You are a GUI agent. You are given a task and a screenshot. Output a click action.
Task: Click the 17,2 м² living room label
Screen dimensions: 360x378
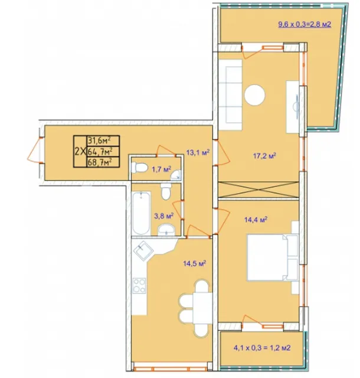tap(264, 155)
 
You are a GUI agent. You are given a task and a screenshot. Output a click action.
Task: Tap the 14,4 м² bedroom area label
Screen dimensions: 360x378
tap(256, 220)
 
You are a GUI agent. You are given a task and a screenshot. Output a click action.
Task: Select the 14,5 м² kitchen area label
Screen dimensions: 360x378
tap(194, 263)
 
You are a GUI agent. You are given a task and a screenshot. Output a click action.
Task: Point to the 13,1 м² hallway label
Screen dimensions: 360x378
tap(198, 152)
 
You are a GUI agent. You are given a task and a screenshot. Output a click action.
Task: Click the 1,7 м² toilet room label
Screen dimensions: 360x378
tap(162, 169)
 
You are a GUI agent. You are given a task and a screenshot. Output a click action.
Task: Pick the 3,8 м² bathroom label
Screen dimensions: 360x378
tap(164, 216)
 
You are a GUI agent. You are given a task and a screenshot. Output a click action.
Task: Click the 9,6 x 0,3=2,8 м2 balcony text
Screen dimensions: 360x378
tap(305, 24)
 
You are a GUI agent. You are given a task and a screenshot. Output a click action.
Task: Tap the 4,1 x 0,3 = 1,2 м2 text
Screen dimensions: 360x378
tap(262, 348)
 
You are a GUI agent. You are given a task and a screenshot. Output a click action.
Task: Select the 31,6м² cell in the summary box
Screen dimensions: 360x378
tap(103, 141)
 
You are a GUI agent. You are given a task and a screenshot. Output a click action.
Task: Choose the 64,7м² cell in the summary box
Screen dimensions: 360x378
tap(103, 151)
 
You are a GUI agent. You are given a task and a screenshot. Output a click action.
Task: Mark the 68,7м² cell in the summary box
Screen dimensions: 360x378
tap(103, 162)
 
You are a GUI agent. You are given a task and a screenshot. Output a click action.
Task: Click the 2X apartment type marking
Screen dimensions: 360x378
tap(80, 152)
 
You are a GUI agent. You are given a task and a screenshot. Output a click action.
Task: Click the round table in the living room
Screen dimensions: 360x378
tap(255, 94)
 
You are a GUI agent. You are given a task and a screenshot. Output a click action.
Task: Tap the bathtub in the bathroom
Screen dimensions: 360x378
tap(141, 213)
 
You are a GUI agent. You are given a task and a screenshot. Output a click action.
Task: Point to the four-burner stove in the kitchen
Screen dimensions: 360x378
tap(139, 285)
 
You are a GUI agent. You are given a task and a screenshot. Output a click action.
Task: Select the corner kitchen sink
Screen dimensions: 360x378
tap(143, 250)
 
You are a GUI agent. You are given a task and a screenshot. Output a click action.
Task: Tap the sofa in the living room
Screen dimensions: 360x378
tap(230, 94)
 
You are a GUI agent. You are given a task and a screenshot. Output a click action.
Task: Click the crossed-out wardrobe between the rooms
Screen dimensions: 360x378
tap(258, 190)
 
